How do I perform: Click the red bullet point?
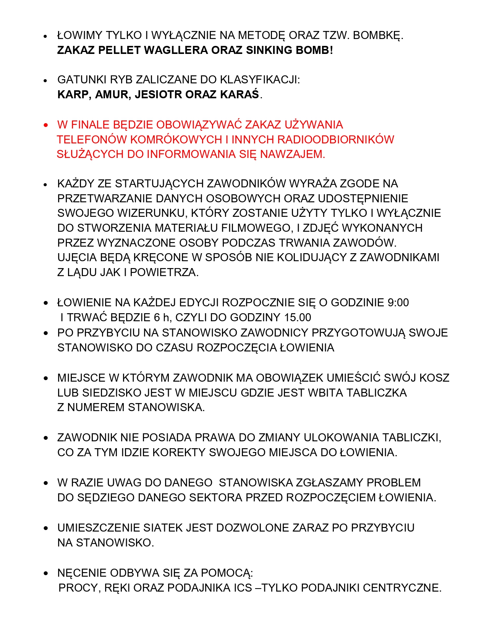(46, 125)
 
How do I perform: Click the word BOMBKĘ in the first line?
(378, 35)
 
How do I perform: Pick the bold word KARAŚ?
(239, 94)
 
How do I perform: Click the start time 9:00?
(398, 302)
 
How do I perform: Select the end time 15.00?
(298, 317)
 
